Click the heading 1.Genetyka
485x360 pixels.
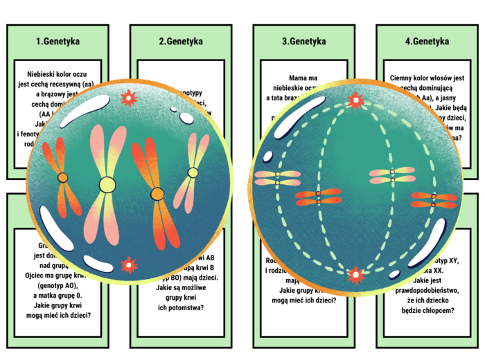58,42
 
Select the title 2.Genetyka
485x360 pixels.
180,42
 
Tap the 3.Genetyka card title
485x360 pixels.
303,42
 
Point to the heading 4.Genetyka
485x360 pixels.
427,42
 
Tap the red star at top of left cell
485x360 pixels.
128,98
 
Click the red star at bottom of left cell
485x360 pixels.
128,265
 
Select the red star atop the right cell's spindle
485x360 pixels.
356,102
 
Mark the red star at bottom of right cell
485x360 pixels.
356,276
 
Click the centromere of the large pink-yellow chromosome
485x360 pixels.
107,184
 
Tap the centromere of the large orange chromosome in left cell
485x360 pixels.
157,193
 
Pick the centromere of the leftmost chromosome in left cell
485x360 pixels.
63,178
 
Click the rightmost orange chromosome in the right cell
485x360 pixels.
433,200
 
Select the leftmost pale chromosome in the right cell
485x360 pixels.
276,178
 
